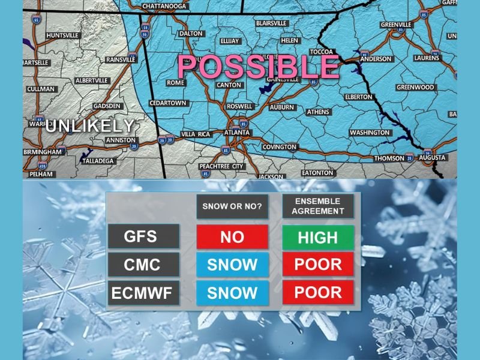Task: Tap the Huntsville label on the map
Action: pyautogui.click(x=62, y=35)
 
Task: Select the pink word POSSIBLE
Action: pyautogui.click(x=259, y=67)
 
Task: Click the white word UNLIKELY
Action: pyautogui.click(x=89, y=126)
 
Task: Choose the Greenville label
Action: pyautogui.click(x=396, y=25)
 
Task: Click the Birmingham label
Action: pyautogui.click(x=43, y=152)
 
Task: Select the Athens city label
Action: pyautogui.click(x=318, y=112)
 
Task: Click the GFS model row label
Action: pyautogui.click(x=144, y=236)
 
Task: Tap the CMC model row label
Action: pyautogui.click(x=144, y=264)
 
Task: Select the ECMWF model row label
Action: pyautogui.click(x=144, y=293)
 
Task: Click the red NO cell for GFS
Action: pyautogui.click(x=232, y=237)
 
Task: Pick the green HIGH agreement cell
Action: pyautogui.click(x=318, y=237)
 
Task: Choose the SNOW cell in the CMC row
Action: pyautogui.click(x=232, y=265)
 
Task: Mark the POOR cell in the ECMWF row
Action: pyautogui.click(x=318, y=293)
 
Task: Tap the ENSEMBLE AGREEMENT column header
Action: pyautogui.click(x=318, y=206)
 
